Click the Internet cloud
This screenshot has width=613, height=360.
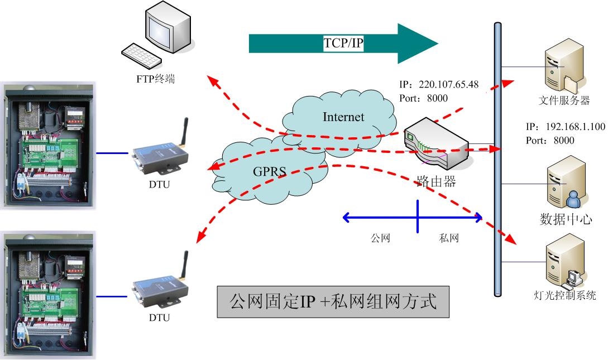342,118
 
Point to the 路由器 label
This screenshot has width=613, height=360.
435,181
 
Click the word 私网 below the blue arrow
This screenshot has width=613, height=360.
449,238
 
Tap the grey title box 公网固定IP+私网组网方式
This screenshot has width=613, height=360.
333,301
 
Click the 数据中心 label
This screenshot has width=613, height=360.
566,219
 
